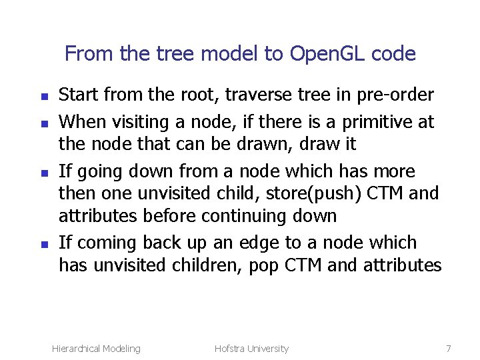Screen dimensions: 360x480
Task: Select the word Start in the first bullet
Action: click(x=79, y=95)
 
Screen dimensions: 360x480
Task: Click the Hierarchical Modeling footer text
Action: click(x=96, y=349)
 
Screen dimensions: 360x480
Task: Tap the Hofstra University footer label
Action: click(x=251, y=349)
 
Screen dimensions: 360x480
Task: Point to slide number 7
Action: click(x=449, y=349)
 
